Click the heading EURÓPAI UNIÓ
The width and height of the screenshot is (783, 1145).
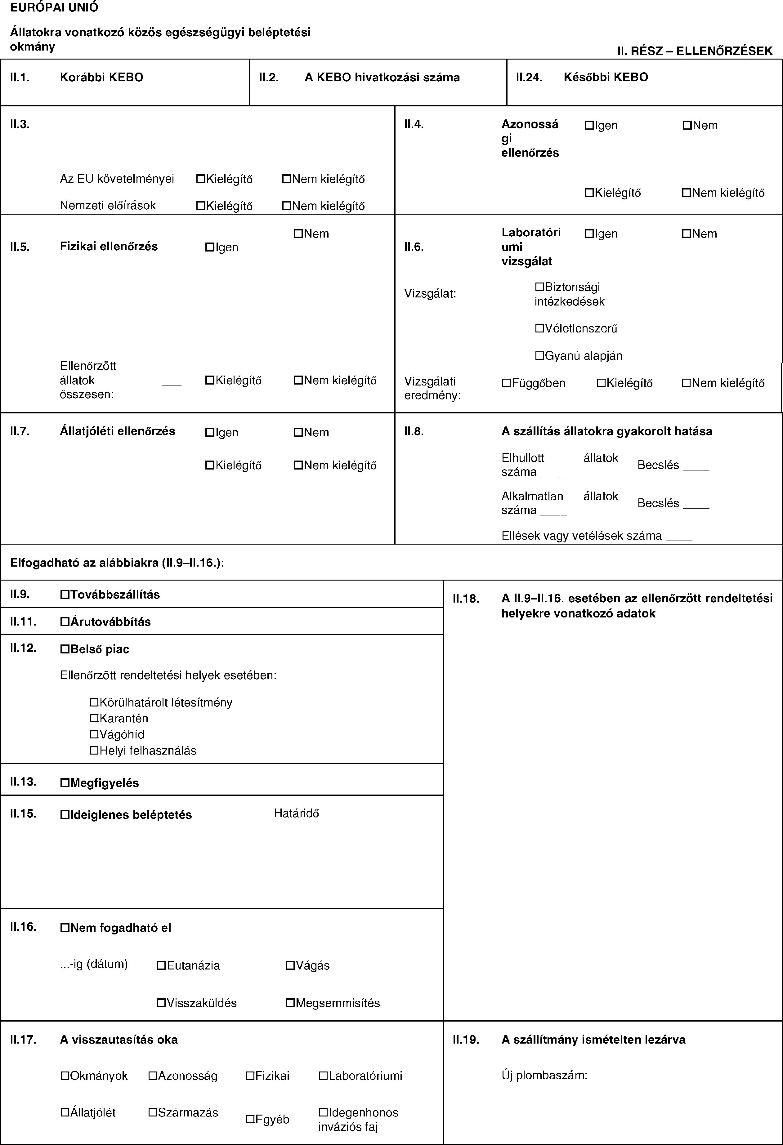pyautogui.click(x=54, y=7)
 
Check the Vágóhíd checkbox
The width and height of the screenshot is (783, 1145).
pyautogui.click(x=95, y=735)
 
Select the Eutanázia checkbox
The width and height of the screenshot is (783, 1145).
pyautogui.click(x=161, y=966)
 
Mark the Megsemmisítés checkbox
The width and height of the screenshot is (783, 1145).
pyautogui.click(x=290, y=1003)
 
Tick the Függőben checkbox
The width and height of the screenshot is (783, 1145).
pyautogui.click(x=507, y=383)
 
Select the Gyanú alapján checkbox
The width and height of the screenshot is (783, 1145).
pyautogui.click(x=539, y=355)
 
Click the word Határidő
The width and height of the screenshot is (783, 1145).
pyautogui.click(x=296, y=813)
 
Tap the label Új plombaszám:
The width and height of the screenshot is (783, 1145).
pyautogui.click(x=544, y=1075)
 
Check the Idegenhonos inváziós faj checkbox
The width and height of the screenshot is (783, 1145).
pyautogui.click(x=323, y=1112)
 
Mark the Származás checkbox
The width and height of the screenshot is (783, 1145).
pyautogui.click(x=153, y=1112)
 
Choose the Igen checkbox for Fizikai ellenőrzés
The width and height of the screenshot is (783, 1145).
pyautogui.click(x=209, y=247)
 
